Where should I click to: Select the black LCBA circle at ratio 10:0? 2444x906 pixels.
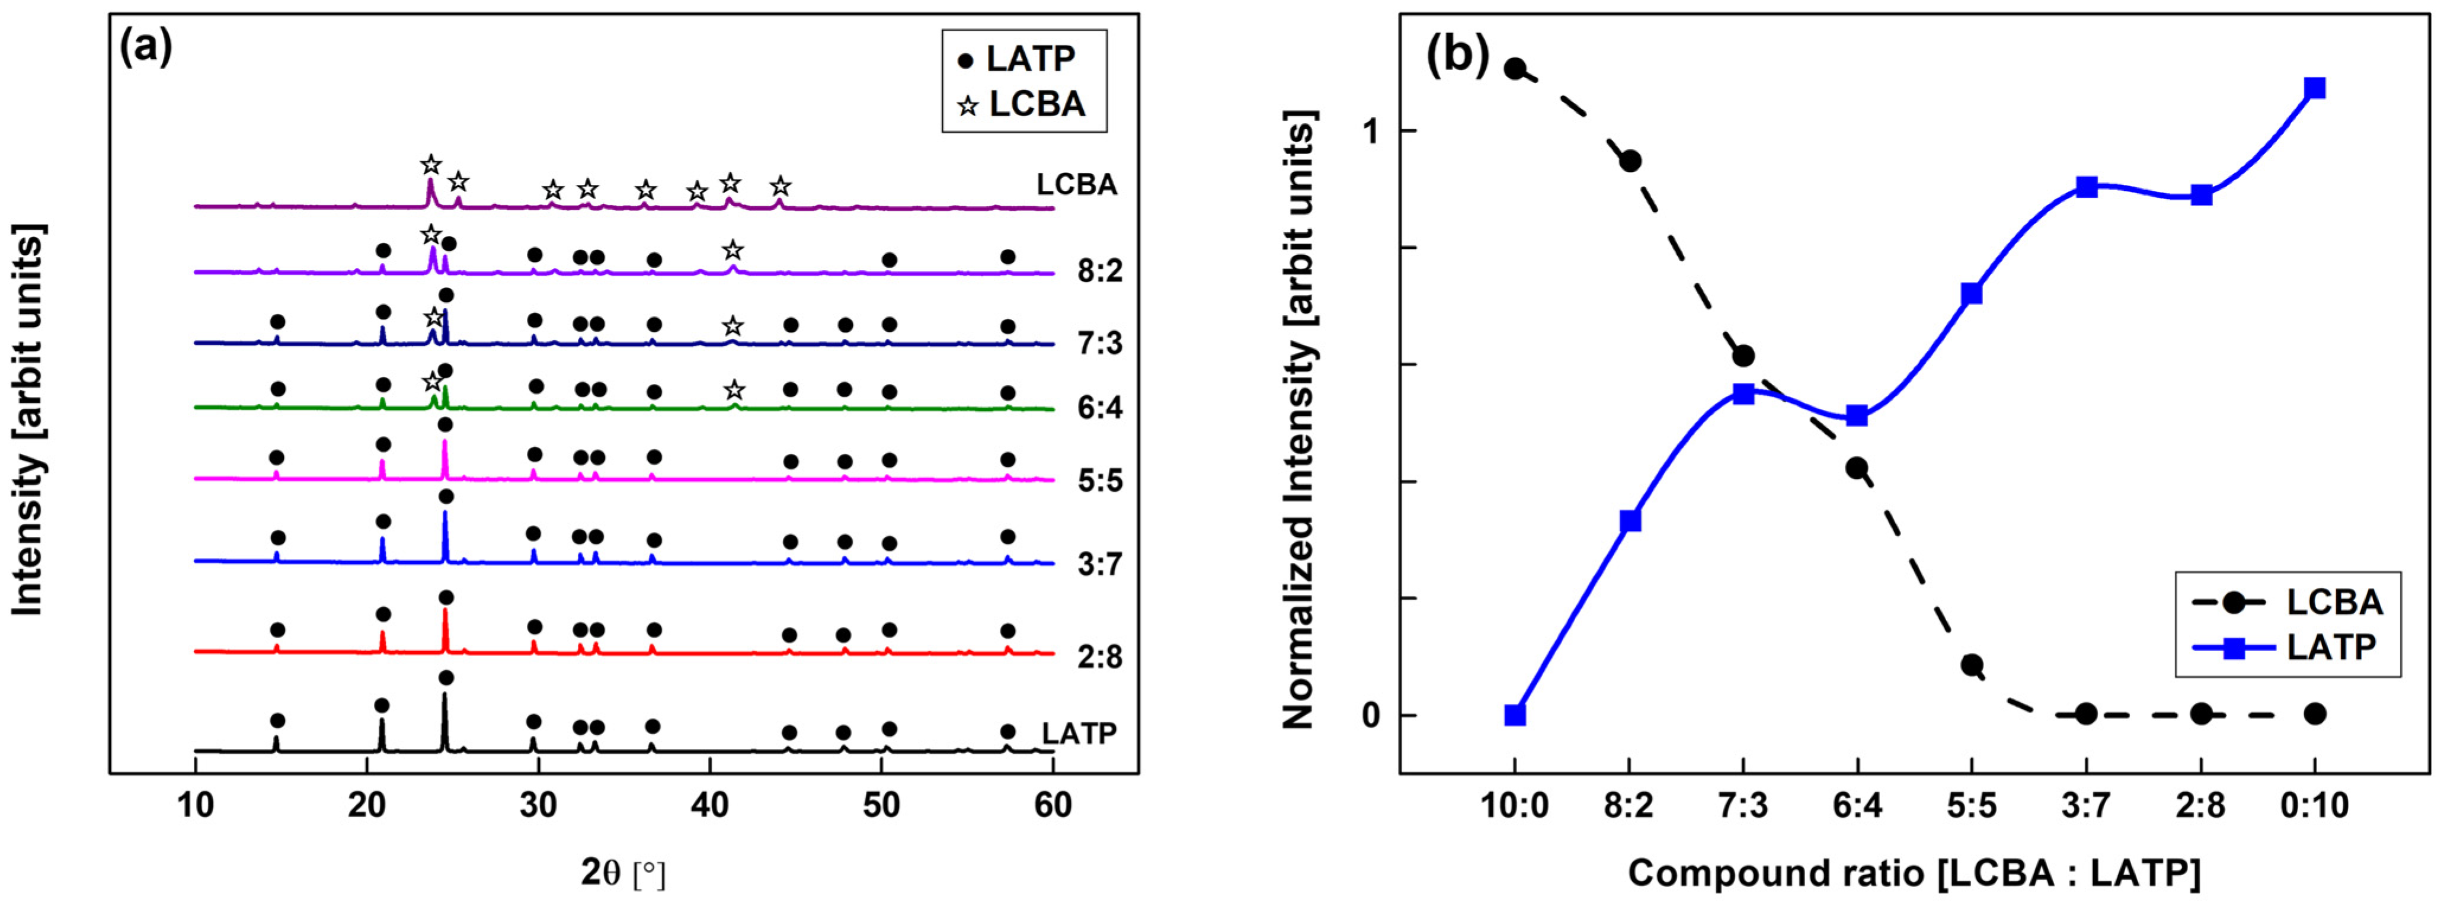(1515, 68)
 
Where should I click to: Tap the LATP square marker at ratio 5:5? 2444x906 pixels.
(1972, 293)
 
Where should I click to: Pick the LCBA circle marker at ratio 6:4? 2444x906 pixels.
(1857, 468)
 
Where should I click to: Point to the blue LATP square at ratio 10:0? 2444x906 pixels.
(1515, 715)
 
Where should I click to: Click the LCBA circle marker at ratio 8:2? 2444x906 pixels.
(1630, 161)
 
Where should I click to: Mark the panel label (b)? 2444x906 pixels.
(1455, 55)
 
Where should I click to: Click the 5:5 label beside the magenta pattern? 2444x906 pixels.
(1099, 481)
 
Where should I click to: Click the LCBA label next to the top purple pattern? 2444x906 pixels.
(1077, 184)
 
